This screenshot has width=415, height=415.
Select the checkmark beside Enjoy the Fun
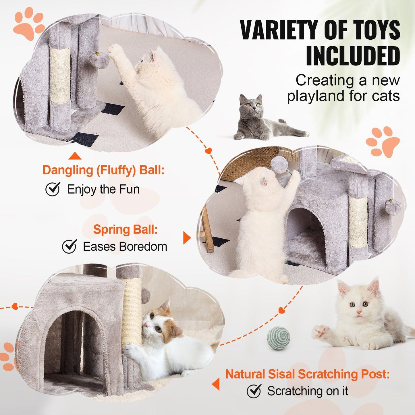coord(53,189)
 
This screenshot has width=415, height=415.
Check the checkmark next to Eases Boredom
coord(69,246)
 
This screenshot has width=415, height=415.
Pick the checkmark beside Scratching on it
coord(254,391)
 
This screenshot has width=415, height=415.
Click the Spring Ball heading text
coord(125,230)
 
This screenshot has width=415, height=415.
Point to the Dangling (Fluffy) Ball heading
coord(103,170)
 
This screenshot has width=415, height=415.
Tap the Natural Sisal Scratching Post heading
coord(307,374)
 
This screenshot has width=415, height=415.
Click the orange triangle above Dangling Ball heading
coord(75,156)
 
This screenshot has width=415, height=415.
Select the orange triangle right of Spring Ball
coord(187,238)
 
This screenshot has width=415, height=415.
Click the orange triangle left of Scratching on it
coord(216,384)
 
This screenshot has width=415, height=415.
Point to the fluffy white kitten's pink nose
coord(359,312)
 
